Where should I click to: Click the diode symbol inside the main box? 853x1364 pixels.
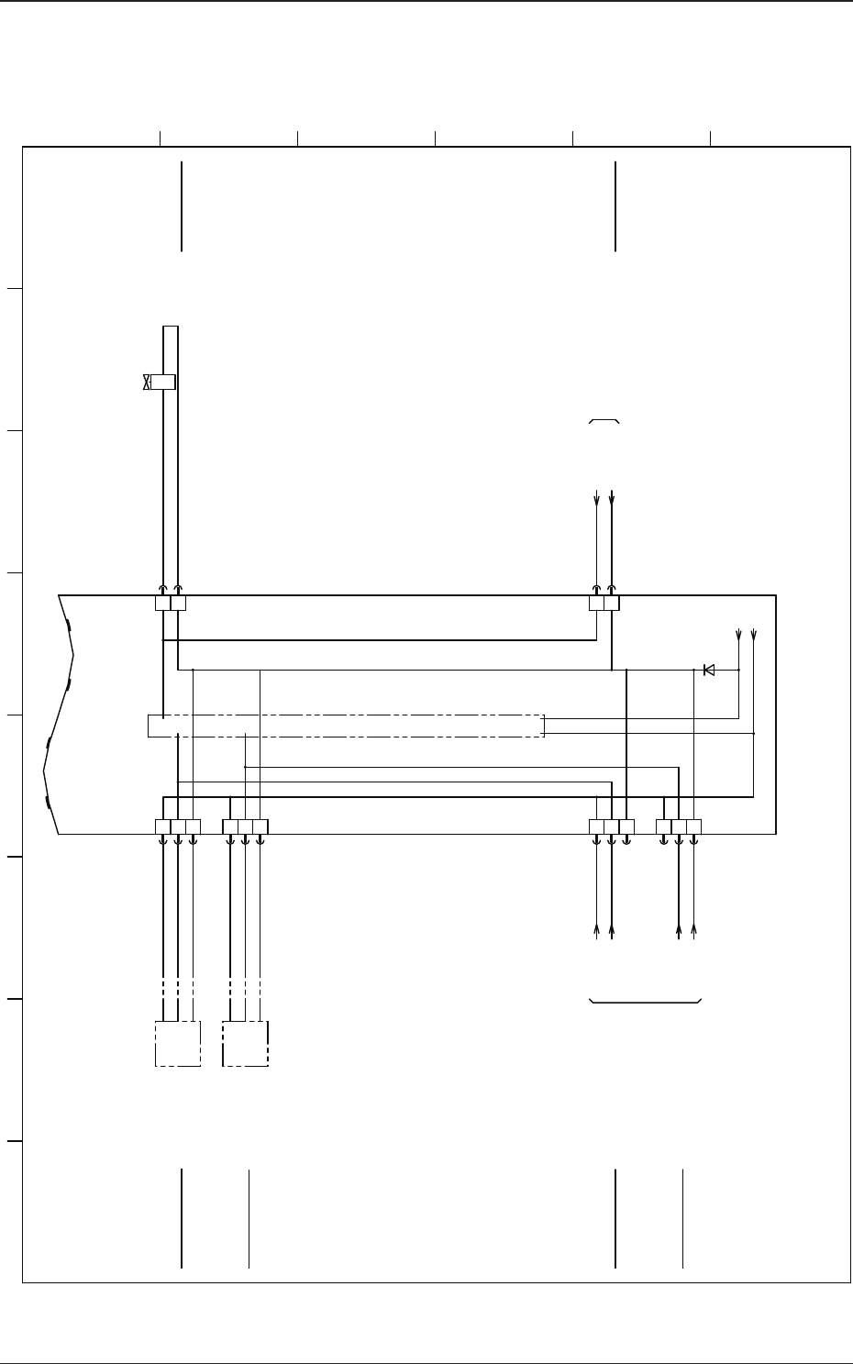(x=708, y=670)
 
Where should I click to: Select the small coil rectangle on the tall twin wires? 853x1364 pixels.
(x=163, y=383)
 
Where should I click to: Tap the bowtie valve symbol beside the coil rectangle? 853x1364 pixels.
(x=147, y=383)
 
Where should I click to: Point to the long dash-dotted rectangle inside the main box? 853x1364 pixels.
(x=346, y=725)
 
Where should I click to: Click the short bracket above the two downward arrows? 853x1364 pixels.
(x=604, y=421)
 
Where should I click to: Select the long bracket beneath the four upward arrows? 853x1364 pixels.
(x=645, y=1001)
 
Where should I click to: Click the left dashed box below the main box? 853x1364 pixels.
(x=177, y=1044)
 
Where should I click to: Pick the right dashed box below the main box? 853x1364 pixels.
(x=246, y=1044)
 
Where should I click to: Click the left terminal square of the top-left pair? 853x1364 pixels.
(x=162, y=603)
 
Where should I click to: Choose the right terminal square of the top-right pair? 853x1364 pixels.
(x=612, y=603)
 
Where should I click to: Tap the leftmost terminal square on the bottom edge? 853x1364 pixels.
(x=162, y=826)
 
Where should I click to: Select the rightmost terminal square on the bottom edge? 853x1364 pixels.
(x=693, y=826)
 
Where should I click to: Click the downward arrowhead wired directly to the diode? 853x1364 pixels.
(x=739, y=635)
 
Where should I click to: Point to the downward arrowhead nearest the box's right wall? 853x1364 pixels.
(x=754, y=635)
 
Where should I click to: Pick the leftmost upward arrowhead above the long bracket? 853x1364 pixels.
(x=597, y=931)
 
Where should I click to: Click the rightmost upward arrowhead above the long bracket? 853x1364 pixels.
(x=693, y=931)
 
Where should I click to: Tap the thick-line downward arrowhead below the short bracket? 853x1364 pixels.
(x=612, y=498)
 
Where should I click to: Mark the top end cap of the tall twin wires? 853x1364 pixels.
(x=171, y=326)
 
